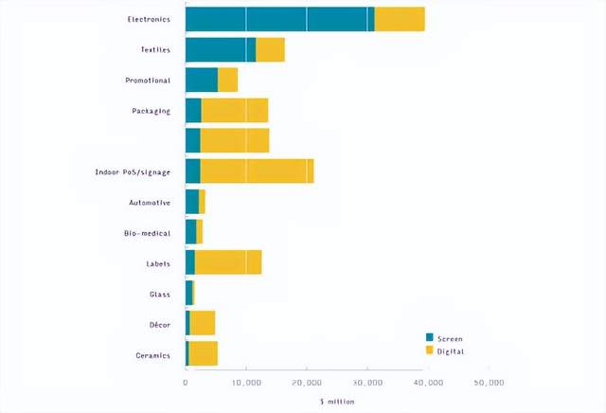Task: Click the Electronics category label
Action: (x=149, y=19)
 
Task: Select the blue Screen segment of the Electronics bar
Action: (x=279, y=19)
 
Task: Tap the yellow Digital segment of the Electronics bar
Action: (x=399, y=19)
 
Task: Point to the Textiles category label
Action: (x=154, y=49)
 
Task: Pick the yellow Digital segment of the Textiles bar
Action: (x=270, y=49)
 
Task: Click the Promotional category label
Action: (x=148, y=80)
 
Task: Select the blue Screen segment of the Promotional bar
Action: (x=202, y=80)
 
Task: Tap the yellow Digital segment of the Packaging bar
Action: (x=235, y=111)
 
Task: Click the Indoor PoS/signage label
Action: (x=133, y=171)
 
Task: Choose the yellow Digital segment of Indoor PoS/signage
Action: (x=257, y=171)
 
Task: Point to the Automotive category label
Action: (x=150, y=202)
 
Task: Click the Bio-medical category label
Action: (x=147, y=232)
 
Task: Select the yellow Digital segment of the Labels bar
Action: (x=228, y=262)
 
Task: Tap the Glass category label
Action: (x=159, y=294)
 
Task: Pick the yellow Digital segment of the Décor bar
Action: (x=203, y=324)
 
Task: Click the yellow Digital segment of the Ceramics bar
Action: (x=204, y=354)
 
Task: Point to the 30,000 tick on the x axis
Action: (x=367, y=382)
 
